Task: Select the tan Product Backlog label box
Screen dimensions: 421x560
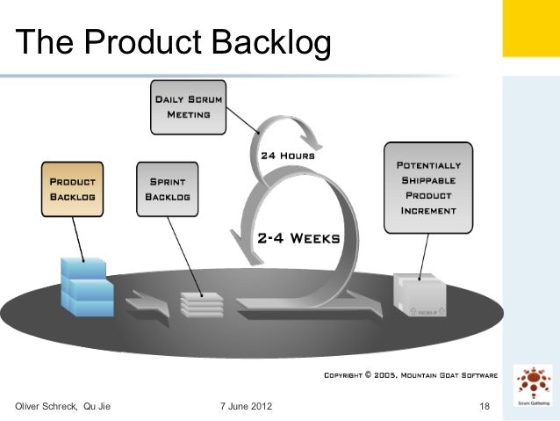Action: [x=73, y=187]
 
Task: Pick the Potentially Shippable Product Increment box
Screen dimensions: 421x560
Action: [x=427, y=187]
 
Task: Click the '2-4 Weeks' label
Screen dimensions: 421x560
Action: [x=298, y=237]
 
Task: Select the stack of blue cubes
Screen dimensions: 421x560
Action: [x=86, y=287]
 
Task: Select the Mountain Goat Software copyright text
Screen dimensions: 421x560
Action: [x=411, y=375]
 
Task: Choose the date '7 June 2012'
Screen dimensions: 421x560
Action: [x=245, y=405]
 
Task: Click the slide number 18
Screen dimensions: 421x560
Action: [x=485, y=405]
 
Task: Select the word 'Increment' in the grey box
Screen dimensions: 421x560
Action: [x=428, y=211]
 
